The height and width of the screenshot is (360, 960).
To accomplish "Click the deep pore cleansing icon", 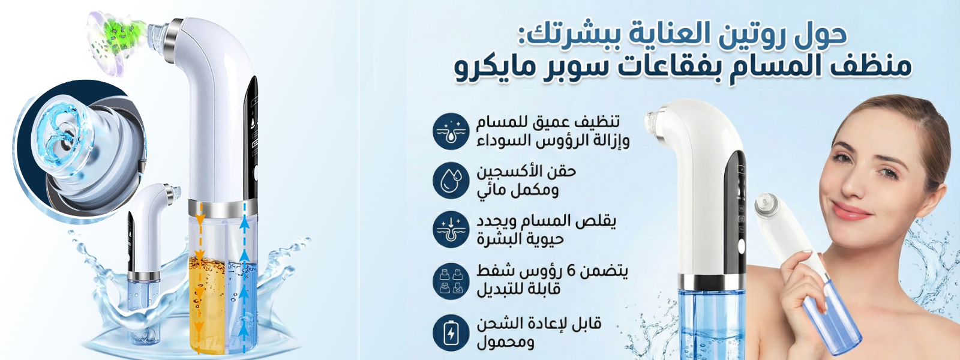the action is (x=451, y=131).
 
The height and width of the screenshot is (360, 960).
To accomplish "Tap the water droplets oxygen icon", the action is (x=451, y=181).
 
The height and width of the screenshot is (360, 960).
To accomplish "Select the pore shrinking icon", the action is (x=451, y=230).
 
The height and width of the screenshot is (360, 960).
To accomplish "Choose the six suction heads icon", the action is (x=451, y=281).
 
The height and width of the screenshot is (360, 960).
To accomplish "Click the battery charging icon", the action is (x=451, y=333).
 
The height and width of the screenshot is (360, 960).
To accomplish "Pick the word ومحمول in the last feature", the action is (x=505, y=342).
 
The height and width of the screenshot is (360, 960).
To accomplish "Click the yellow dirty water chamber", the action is (x=207, y=304).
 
